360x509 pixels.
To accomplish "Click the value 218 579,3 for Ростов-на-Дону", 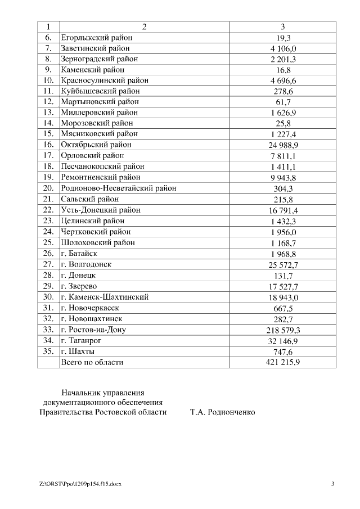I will click(x=282, y=330).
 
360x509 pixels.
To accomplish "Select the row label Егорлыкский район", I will click(x=96, y=38).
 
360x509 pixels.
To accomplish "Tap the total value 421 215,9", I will click(x=282, y=363).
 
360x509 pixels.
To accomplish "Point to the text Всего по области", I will click(x=92, y=363).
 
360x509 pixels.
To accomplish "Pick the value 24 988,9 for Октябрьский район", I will click(x=282, y=145).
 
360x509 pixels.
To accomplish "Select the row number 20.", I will click(x=48, y=188).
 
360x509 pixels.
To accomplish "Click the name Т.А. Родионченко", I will click(x=222, y=412).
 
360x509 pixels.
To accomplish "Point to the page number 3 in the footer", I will click(x=332, y=484).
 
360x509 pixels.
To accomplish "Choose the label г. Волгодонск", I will click(x=86, y=264).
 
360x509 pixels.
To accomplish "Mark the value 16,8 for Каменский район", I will click(x=282, y=70).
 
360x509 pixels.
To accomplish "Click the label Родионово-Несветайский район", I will click(x=118, y=188).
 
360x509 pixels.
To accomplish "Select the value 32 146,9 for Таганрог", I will click(x=282, y=341).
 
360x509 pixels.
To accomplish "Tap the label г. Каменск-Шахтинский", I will click(x=105, y=297).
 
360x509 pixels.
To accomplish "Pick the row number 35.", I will click(x=48, y=352).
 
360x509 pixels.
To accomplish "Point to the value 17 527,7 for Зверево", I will click(x=282, y=286).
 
